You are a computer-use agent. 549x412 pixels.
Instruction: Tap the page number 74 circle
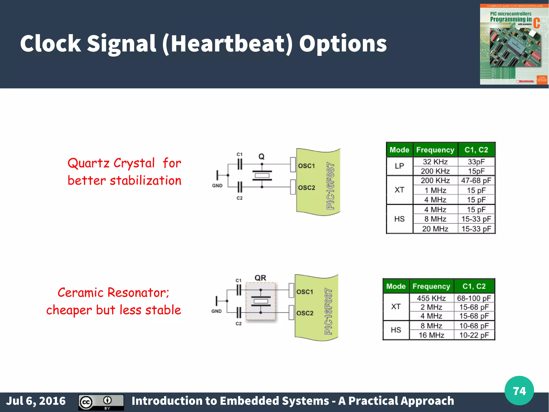click(519, 391)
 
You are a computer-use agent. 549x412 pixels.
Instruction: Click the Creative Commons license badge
click(101, 402)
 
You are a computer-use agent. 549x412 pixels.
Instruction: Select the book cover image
click(514, 45)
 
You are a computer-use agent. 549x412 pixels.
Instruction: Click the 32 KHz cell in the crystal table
click(435, 162)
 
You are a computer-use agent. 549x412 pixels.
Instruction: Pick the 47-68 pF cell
click(476, 181)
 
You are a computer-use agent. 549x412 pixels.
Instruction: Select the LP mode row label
click(399, 166)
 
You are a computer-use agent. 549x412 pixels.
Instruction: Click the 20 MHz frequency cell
click(435, 229)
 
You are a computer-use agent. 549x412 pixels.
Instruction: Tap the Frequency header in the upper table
click(435, 150)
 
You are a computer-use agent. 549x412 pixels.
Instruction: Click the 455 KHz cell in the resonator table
click(431, 298)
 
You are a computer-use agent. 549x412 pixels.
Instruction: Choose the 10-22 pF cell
click(474, 335)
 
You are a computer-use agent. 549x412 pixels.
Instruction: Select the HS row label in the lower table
click(396, 330)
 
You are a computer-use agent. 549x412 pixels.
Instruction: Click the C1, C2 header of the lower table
click(474, 286)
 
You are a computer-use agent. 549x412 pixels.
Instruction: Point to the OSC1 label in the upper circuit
click(306, 166)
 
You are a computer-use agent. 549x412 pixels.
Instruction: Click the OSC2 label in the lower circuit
click(305, 313)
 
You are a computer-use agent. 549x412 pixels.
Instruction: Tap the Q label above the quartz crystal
click(261, 156)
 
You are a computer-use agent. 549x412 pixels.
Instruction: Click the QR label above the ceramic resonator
click(260, 278)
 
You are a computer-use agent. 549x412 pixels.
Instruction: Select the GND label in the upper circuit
click(217, 186)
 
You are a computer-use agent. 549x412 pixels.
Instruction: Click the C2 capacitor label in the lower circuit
click(239, 324)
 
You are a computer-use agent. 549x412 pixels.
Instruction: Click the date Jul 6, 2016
click(36, 401)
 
